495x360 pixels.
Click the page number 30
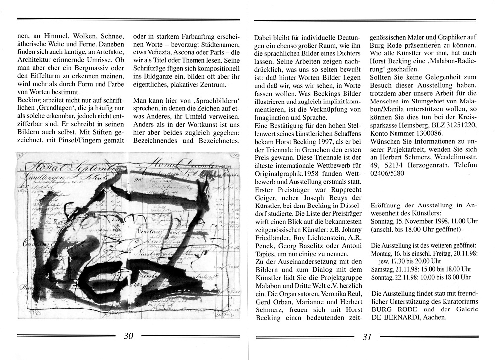(x=129, y=336)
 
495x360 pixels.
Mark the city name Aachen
(x=432, y=318)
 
